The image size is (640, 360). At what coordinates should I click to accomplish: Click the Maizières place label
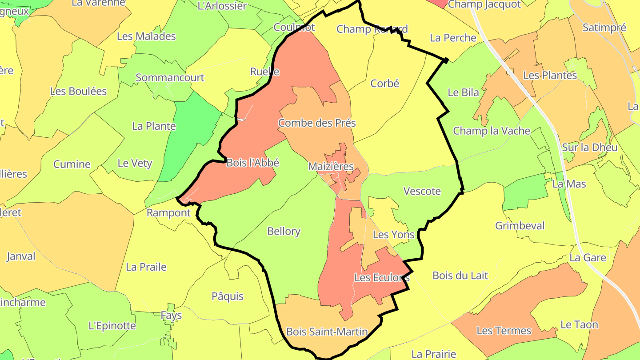(x=331, y=167)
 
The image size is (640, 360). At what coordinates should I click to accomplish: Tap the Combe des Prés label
(x=317, y=123)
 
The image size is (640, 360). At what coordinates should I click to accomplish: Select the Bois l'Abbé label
(x=252, y=163)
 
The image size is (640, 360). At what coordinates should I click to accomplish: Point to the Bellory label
(x=284, y=231)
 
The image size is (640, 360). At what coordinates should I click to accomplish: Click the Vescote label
(x=422, y=191)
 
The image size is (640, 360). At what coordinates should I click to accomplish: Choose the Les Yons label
(x=393, y=234)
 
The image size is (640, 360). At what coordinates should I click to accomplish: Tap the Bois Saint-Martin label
(x=327, y=332)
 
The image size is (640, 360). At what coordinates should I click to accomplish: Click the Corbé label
(x=385, y=83)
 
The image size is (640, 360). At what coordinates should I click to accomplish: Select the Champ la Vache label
(x=492, y=131)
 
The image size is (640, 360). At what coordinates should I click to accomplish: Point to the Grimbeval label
(x=520, y=226)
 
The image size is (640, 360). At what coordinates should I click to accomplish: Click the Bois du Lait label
(x=460, y=276)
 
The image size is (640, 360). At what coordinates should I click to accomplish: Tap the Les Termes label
(x=504, y=331)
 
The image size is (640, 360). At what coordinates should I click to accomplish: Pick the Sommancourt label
(x=170, y=77)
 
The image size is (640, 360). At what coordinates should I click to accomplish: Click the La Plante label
(x=154, y=126)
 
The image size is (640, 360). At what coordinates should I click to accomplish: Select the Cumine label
(x=72, y=164)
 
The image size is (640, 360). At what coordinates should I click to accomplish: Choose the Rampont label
(x=168, y=213)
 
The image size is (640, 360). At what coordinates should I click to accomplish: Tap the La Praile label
(x=146, y=267)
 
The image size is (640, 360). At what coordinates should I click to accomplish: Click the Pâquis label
(x=228, y=296)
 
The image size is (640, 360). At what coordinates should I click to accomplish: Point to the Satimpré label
(x=604, y=28)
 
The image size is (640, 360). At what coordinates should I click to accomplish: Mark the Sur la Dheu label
(x=590, y=147)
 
